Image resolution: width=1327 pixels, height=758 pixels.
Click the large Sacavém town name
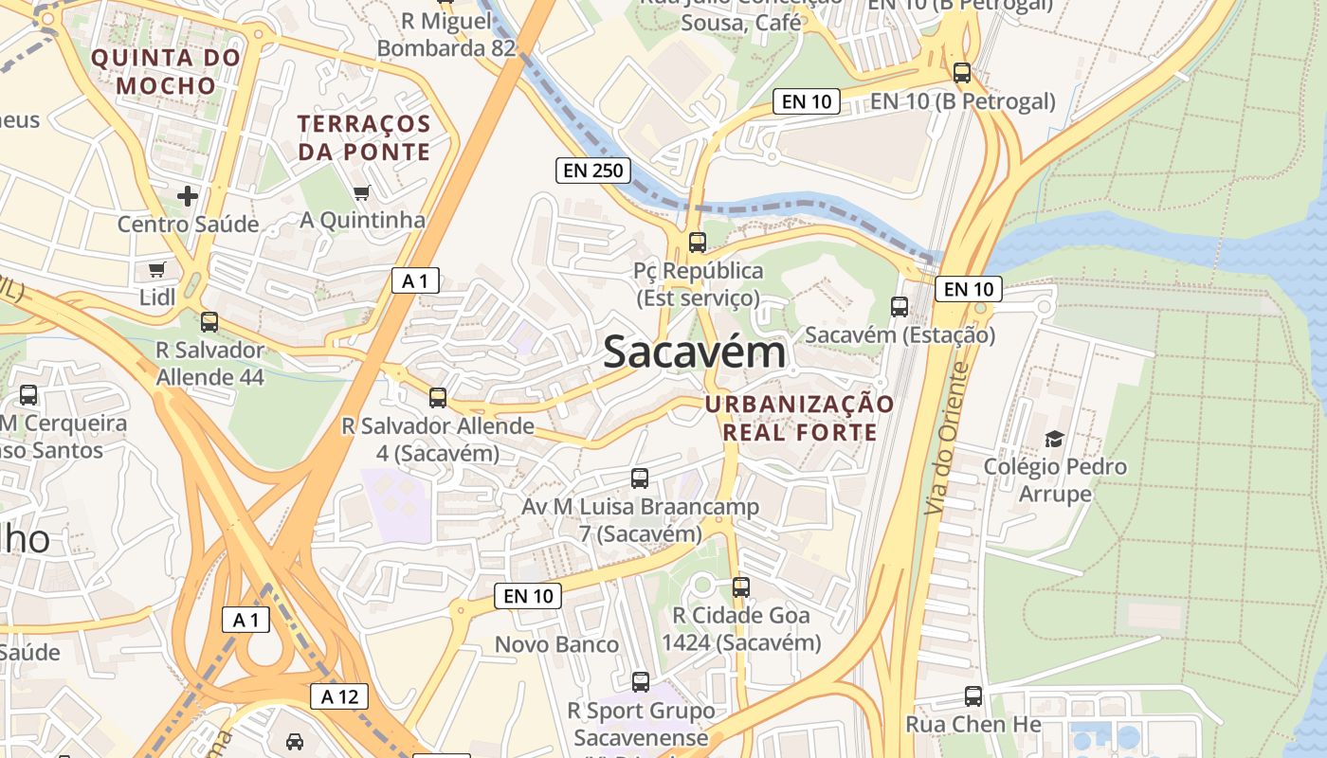[x=695, y=352]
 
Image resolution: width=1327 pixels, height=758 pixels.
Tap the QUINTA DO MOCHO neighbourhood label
[x=167, y=71]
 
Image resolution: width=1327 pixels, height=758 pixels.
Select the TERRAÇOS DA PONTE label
[x=364, y=137]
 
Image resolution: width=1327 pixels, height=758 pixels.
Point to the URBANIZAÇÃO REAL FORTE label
[x=799, y=419]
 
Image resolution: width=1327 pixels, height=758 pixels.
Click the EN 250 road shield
[x=592, y=171]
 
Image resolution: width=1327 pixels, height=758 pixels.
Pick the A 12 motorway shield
[x=339, y=696]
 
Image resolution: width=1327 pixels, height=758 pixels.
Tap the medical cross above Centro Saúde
[x=188, y=196]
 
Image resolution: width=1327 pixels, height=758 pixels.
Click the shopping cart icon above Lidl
[x=157, y=269]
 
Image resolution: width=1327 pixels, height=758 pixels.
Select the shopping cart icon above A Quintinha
[x=361, y=193]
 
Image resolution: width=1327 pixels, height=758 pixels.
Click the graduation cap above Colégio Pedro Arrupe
[x=1054, y=439]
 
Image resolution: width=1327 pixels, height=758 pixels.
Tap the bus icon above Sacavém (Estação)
[x=900, y=307]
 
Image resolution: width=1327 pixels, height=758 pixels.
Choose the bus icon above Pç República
[x=698, y=243]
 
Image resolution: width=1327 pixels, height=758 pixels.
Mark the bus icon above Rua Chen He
[x=973, y=696]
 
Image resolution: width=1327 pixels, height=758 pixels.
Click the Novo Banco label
[x=556, y=644]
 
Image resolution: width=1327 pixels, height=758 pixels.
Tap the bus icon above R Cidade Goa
[x=741, y=587]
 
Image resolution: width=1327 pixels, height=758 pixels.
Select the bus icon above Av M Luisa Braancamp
[x=640, y=478]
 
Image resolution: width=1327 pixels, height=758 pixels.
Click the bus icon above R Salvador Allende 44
[x=209, y=322]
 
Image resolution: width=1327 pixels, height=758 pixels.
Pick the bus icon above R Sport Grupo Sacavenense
[x=641, y=682]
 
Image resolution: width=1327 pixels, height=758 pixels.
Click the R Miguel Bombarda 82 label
[x=446, y=34]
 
